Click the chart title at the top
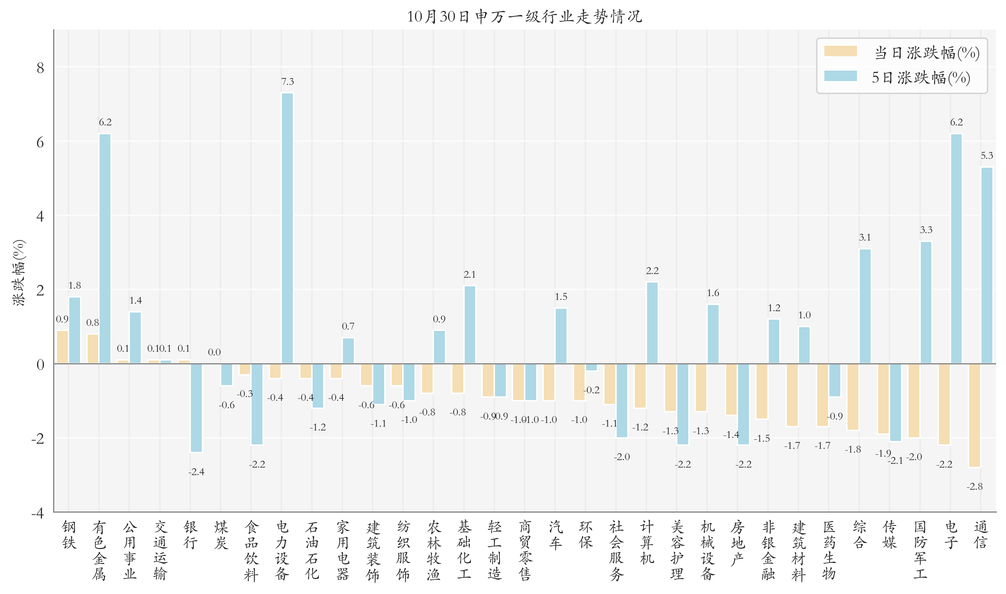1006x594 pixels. pyautogui.click(x=524, y=16)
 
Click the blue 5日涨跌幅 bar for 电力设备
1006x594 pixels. pyautogui.click(x=287, y=228)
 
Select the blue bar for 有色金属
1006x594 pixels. pyautogui.click(x=105, y=248)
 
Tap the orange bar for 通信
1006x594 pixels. pyautogui.click(x=974, y=415)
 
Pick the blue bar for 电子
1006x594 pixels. pyautogui.click(x=956, y=248)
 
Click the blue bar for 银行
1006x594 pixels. pyautogui.click(x=196, y=408)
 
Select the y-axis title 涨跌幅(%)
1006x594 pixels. pyautogui.click(x=19, y=273)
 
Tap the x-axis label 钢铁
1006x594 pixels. pyautogui.click(x=69, y=535)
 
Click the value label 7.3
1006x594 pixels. pyautogui.click(x=287, y=82)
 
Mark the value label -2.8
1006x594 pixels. pyautogui.click(x=974, y=486)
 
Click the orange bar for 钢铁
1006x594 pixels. pyautogui.click(x=62, y=347)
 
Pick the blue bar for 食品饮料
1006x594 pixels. pyautogui.click(x=257, y=404)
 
